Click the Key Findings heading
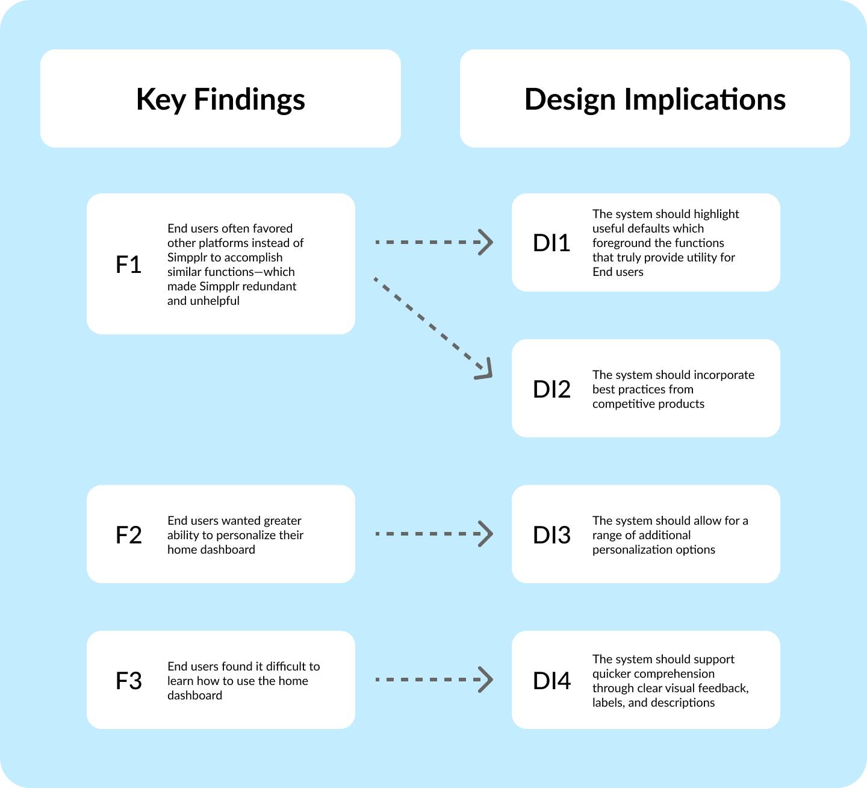coord(220,99)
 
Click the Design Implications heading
coord(655,99)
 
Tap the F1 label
coord(128,264)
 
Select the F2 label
coord(128,535)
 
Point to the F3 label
coord(128,681)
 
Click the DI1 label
coord(552,243)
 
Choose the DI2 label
coord(552,389)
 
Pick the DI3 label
coord(552,535)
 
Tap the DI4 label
coord(552,681)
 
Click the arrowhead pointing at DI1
coord(485,242)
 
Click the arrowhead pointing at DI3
coord(485,534)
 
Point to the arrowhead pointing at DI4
coord(485,680)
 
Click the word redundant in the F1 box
coord(272,286)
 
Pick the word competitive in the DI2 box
coord(621,404)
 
